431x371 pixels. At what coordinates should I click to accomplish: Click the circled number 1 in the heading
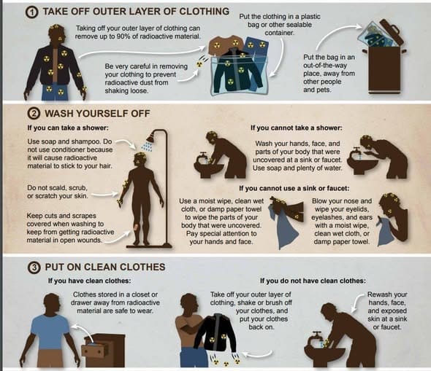[x=32, y=12]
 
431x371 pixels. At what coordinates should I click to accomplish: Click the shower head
[x=150, y=137]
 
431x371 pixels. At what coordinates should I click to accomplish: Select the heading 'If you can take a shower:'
[x=68, y=128]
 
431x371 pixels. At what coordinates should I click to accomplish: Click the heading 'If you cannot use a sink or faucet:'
[x=294, y=188]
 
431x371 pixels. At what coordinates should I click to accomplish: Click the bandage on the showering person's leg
[x=137, y=227]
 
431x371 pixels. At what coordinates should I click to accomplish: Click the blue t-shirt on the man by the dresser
[x=50, y=332]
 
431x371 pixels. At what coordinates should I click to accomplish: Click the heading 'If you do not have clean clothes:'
[x=313, y=281]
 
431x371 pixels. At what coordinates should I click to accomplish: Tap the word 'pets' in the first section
[x=324, y=90]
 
